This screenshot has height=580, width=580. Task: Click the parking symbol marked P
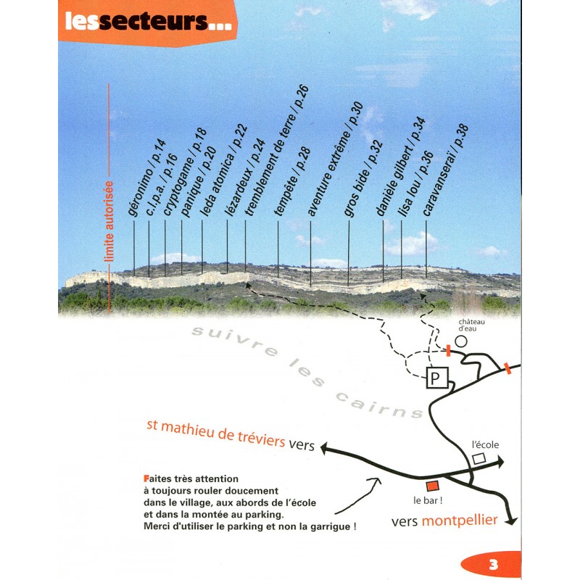tap(436, 378)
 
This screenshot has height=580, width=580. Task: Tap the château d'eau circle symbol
tap(460, 340)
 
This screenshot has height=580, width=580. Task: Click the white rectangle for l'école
tap(478, 459)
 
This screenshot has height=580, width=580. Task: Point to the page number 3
tap(492, 565)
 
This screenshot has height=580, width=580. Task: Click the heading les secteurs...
tap(148, 22)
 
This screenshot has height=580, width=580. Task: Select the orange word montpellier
tap(459, 521)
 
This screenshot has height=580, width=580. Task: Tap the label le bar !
tap(427, 501)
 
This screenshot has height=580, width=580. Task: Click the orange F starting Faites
tap(147, 478)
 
